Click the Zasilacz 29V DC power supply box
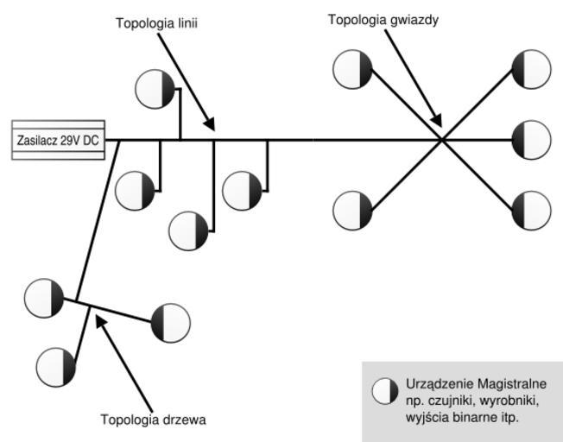pyautogui.click(x=58, y=140)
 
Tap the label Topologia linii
pyautogui.click(x=156, y=23)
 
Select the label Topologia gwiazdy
pyautogui.click(x=383, y=19)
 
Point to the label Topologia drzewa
pyautogui.click(x=153, y=420)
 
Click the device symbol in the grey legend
pyautogui.click(x=385, y=391)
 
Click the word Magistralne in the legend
pyautogui.click(x=513, y=383)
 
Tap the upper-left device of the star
pyautogui.click(x=352, y=69)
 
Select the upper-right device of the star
pyautogui.click(x=530, y=69)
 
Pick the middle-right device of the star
pyautogui.click(x=530, y=140)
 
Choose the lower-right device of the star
pyautogui.click(x=530, y=211)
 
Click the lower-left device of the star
pyautogui.click(x=352, y=211)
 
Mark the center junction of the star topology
pyautogui.click(x=441, y=139)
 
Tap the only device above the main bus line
pyautogui.click(x=155, y=87)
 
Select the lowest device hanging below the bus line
pyautogui.click(x=188, y=230)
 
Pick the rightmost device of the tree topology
pyautogui.click(x=170, y=322)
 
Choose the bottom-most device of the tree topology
pyautogui.click(x=56, y=367)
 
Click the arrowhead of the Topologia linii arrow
pyautogui.click(x=212, y=129)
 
